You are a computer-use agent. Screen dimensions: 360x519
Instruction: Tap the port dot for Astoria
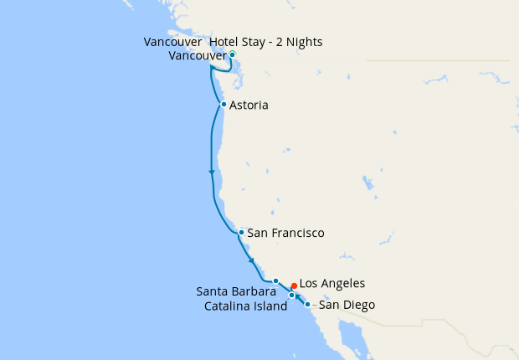(x=224, y=105)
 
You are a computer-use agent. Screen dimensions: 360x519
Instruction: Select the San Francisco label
(x=285, y=233)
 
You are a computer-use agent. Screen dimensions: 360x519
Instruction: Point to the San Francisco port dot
(x=241, y=232)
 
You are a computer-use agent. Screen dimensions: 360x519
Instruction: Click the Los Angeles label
(x=331, y=284)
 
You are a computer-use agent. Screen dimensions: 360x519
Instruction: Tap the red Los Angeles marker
(x=294, y=285)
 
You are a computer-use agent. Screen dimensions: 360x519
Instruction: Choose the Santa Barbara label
(x=236, y=292)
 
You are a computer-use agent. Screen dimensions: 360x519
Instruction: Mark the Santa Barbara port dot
(x=275, y=281)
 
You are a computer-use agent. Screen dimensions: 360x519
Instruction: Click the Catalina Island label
(x=246, y=306)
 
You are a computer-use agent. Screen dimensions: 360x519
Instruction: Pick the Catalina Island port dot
(x=291, y=295)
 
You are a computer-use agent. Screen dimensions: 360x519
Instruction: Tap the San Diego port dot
(x=307, y=304)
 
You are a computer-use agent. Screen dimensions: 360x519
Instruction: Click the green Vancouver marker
(x=232, y=54)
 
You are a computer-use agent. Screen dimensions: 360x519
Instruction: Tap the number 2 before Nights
(x=281, y=42)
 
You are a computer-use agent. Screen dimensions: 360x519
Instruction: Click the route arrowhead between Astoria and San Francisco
(x=212, y=172)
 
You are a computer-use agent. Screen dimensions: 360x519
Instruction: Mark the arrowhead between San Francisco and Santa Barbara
(x=251, y=260)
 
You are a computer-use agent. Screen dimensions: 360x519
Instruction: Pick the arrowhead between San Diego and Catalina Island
(x=298, y=298)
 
